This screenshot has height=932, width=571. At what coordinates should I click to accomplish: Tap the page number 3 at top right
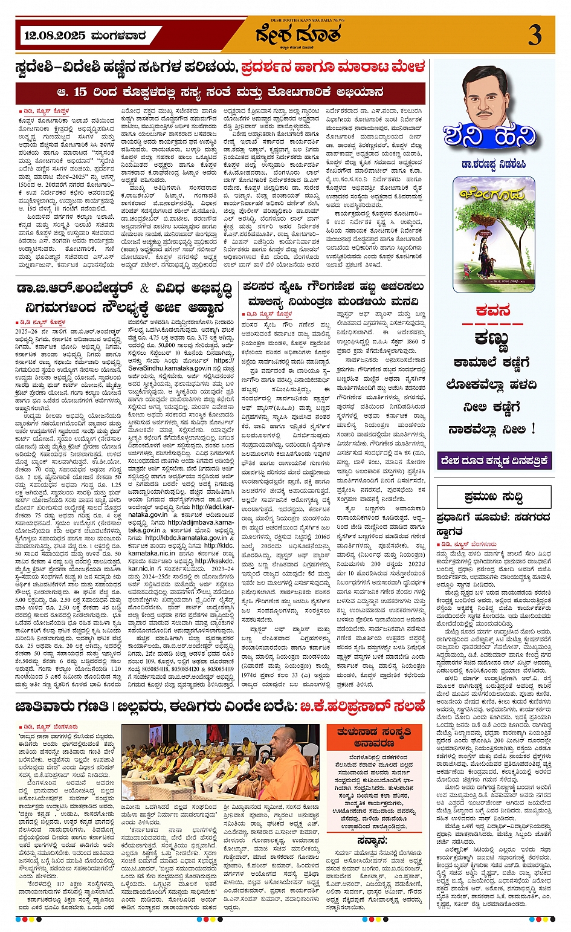(x=535, y=36)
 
